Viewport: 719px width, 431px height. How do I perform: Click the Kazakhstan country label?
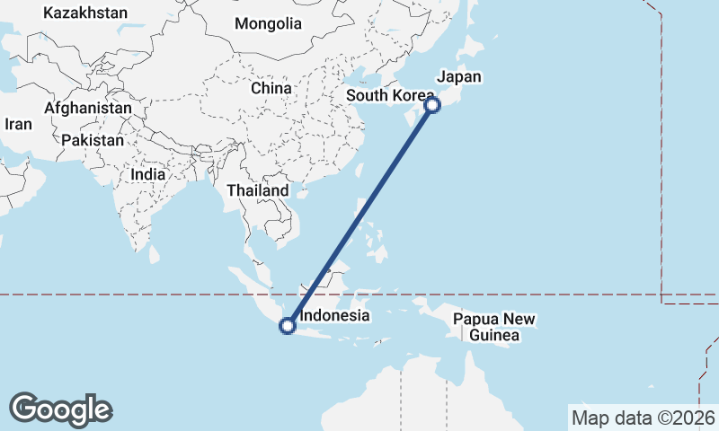pos(85,13)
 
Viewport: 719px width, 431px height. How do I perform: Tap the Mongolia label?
pos(268,23)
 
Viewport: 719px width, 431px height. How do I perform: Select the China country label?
pos(271,89)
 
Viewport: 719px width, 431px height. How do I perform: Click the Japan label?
pos(458,77)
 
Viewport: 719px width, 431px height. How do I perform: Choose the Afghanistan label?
pos(88,108)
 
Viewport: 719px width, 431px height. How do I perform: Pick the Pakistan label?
pos(93,140)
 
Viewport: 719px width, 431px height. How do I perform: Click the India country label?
pos(147,174)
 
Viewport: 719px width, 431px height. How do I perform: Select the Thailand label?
pos(258,190)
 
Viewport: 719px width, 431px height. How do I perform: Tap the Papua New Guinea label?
pos(493,328)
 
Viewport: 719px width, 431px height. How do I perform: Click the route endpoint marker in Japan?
pos(432,105)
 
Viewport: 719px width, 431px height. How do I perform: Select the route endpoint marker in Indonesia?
pos(288,326)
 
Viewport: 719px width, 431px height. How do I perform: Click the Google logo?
pos(60,409)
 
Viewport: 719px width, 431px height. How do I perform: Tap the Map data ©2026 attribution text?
pos(644,418)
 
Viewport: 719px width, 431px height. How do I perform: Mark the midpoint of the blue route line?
pos(359,215)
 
